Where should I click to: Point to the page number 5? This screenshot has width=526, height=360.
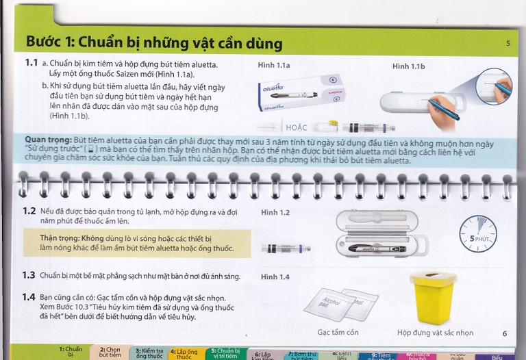click(508, 44)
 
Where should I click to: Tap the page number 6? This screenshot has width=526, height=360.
click(504, 333)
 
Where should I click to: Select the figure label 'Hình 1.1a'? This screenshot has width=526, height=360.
click(274, 66)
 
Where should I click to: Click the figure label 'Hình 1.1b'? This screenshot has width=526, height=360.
click(409, 66)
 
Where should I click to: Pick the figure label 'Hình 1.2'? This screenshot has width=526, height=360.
click(275, 213)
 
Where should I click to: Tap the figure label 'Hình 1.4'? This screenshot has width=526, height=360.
click(275, 277)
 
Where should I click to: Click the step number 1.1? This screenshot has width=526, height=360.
click(31, 63)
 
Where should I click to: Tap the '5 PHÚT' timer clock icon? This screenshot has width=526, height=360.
click(477, 235)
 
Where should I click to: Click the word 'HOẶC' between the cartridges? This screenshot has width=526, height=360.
click(297, 127)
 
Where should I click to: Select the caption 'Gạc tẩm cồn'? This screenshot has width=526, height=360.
click(338, 333)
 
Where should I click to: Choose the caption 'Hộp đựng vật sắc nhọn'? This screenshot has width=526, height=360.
click(435, 333)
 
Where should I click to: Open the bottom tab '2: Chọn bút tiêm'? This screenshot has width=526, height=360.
click(110, 352)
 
